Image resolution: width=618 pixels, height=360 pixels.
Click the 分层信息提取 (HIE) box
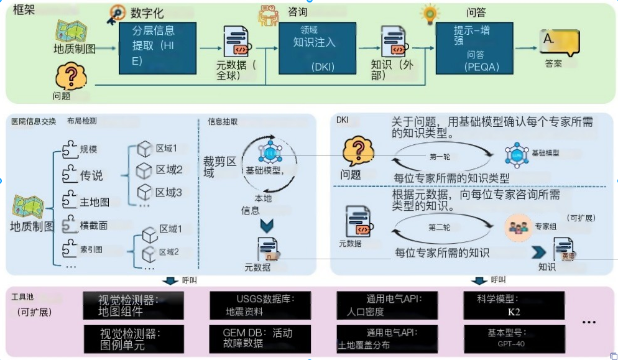click(x=157, y=48)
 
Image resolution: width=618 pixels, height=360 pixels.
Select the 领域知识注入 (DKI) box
click(x=317, y=48)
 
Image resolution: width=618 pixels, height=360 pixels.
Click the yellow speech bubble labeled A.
click(x=558, y=42)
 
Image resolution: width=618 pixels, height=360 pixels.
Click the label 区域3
click(x=168, y=193)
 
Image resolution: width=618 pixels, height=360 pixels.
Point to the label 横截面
click(x=94, y=226)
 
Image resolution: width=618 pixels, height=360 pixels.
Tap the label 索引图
click(x=91, y=249)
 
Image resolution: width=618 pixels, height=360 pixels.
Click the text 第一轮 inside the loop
click(x=440, y=156)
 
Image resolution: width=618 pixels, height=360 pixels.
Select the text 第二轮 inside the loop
click(x=439, y=228)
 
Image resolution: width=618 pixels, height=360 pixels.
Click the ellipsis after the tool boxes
click(x=589, y=322)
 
